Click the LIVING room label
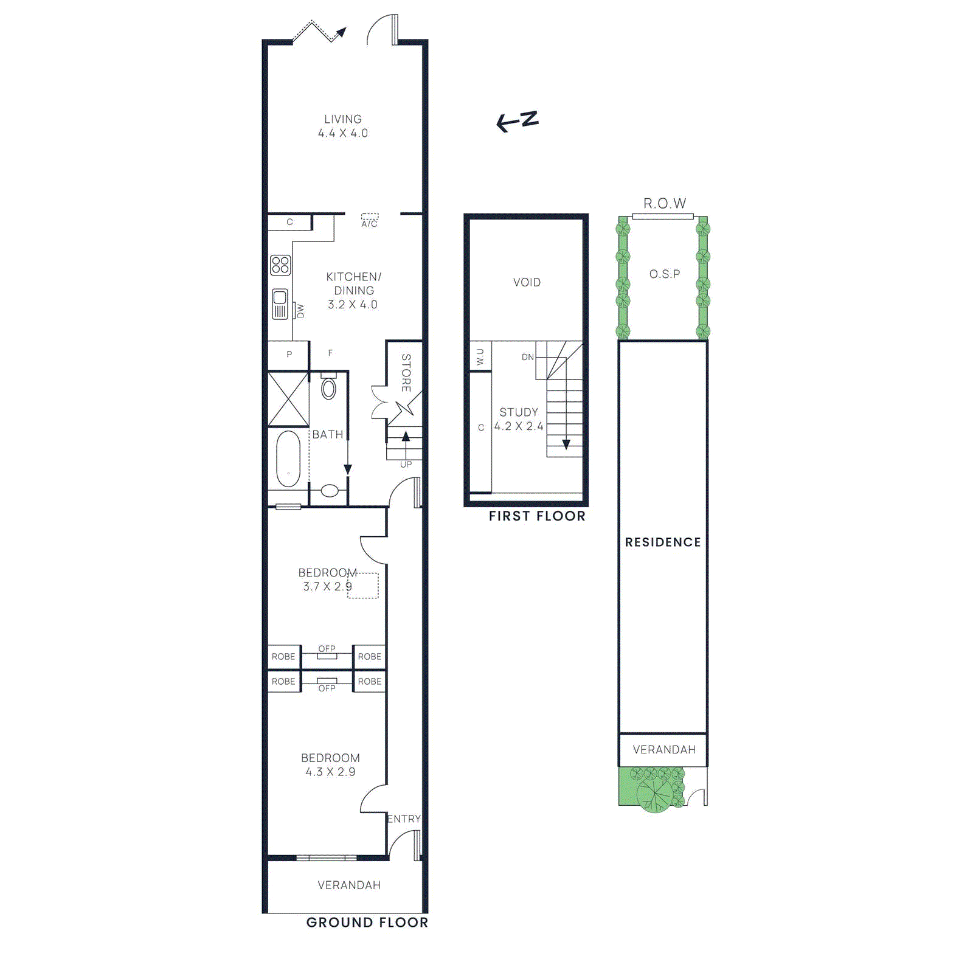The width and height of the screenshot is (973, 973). (342, 119)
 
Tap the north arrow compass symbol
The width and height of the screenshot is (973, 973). (518, 121)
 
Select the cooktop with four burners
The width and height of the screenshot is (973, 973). (280, 265)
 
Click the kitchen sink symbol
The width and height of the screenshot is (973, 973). (280, 303)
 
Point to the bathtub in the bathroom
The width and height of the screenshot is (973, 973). (288, 459)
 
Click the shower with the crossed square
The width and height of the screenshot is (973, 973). (288, 400)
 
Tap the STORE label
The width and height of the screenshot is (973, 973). (406, 373)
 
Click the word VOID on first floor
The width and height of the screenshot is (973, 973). (527, 282)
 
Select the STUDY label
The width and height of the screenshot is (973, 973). (519, 412)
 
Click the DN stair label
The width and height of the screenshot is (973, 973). (528, 357)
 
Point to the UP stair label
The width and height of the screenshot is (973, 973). (406, 465)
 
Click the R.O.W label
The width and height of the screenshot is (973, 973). (665, 204)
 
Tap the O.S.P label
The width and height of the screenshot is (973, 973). (665, 274)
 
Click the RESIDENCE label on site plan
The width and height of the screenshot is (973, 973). (663, 542)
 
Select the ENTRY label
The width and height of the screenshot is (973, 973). (404, 819)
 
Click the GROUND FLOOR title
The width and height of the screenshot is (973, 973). (367, 923)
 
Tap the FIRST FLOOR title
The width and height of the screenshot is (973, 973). (537, 516)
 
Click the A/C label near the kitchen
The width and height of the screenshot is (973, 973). (370, 224)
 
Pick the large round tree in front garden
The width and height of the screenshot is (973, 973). (654, 794)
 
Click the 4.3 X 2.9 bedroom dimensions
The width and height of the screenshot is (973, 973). (330, 772)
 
